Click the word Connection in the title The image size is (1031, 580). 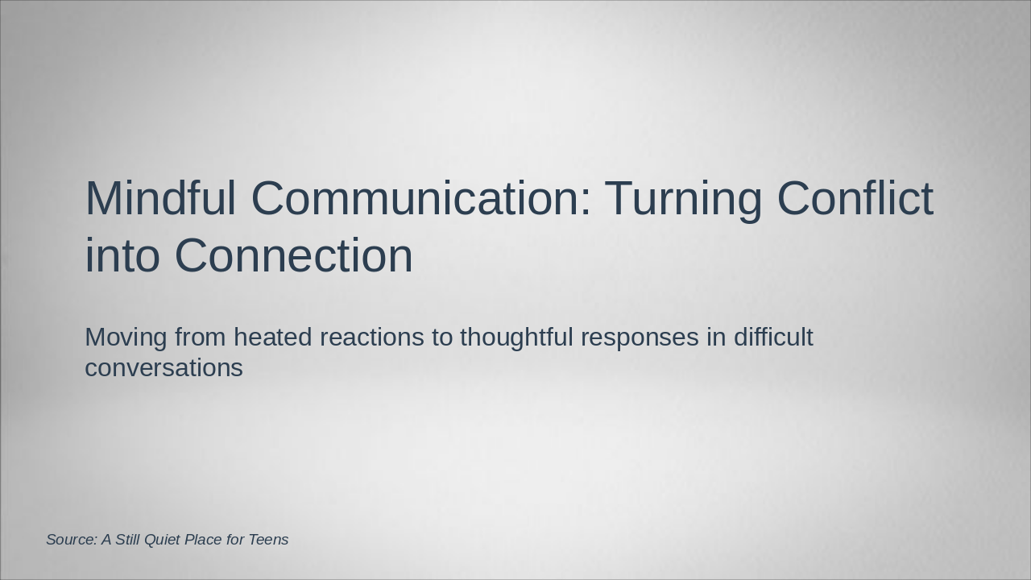[293, 255]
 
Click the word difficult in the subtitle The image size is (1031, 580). [773, 337]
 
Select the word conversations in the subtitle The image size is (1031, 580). [164, 368]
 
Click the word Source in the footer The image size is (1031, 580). [71, 540]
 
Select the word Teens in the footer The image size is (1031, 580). [268, 540]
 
